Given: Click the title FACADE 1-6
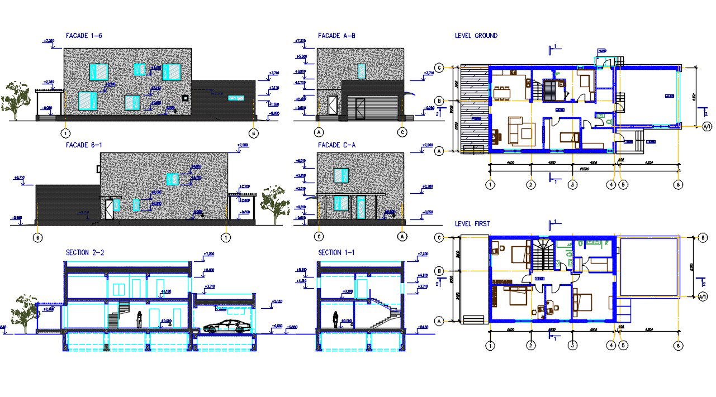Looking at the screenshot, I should [84, 36].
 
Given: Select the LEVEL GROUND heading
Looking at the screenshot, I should [476, 36].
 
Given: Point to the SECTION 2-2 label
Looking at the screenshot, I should [85, 252].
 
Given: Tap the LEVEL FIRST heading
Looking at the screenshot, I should [472, 224].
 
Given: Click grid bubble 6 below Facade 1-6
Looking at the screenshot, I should [254, 133].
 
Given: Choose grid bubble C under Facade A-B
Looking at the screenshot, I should [402, 132].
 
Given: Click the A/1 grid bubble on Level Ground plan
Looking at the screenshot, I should [706, 127].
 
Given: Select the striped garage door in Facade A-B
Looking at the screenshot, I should [372, 107].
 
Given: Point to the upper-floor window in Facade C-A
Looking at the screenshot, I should [341, 175].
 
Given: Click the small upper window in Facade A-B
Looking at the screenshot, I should [361, 71].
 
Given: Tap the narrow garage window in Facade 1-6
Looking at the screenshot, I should [236, 98].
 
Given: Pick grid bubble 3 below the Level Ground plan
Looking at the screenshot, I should [572, 185].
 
